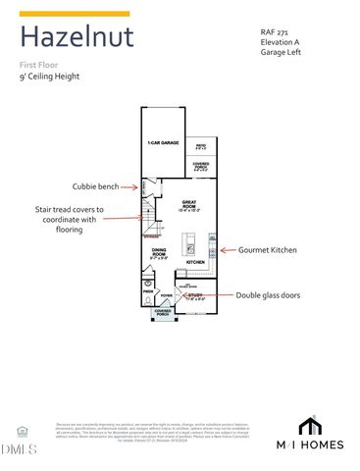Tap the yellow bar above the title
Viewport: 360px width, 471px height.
click(x=75, y=14)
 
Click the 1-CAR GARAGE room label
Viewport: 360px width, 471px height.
click(x=162, y=142)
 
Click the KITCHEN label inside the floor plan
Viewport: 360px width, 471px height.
click(x=195, y=263)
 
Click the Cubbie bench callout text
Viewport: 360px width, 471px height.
click(x=96, y=186)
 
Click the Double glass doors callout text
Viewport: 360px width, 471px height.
click(x=272, y=294)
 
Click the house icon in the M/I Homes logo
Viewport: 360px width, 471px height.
click(x=310, y=425)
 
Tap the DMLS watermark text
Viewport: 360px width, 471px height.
click(x=18, y=448)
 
